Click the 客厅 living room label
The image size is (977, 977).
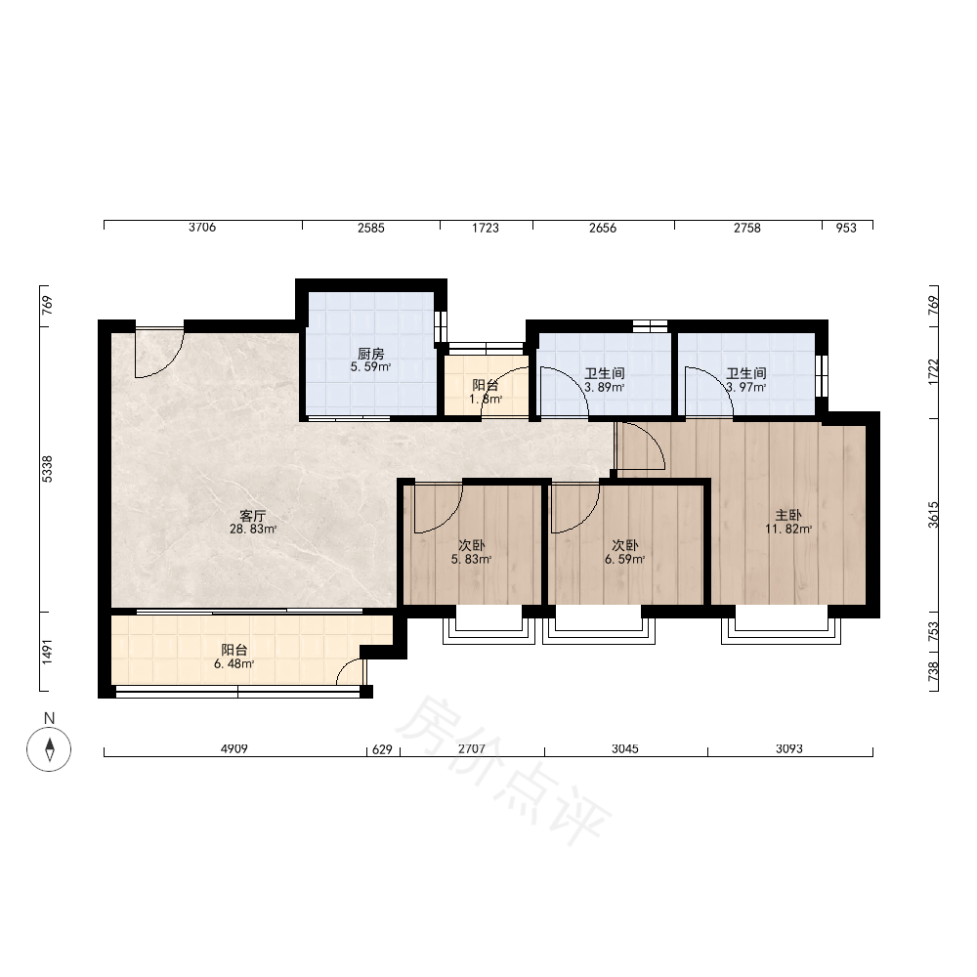[x=253, y=516]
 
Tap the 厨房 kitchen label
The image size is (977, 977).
[x=371, y=354]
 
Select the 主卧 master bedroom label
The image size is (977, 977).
[x=788, y=515]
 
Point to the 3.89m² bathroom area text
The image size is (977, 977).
[x=605, y=387]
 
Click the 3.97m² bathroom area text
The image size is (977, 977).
[x=745, y=387]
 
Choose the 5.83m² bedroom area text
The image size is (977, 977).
[x=472, y=559]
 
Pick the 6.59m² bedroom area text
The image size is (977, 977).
[x=624, y=559]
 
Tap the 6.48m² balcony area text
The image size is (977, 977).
[x=234, y=663]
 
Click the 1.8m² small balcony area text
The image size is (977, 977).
[x=486, y=399]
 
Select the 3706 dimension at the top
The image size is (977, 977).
[x=202, y=228]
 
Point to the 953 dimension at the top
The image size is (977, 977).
[x=846, y=228]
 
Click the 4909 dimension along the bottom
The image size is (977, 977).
[x=234, y=748]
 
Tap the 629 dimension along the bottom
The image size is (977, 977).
[x=383, y=749]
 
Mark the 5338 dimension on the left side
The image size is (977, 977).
[x=47, y=469]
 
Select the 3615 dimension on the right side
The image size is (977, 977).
[x=933, y=515]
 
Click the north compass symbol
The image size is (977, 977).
[x=49, y=748]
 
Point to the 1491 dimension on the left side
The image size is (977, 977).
[x=47, y=652]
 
